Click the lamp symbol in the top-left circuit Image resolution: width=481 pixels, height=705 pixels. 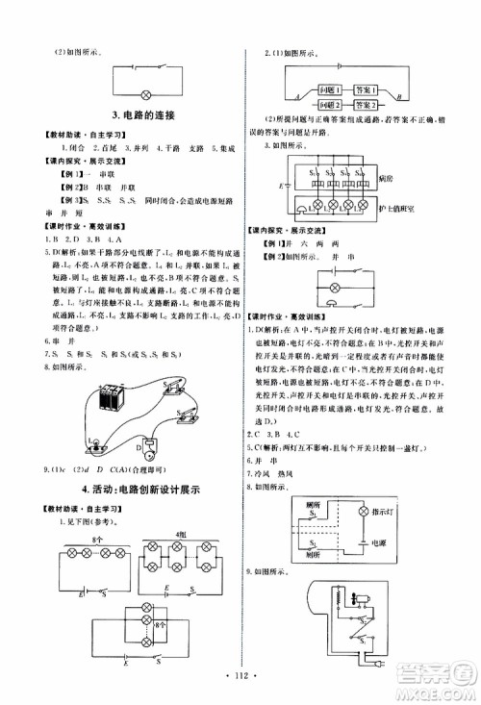tap(146, 93)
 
